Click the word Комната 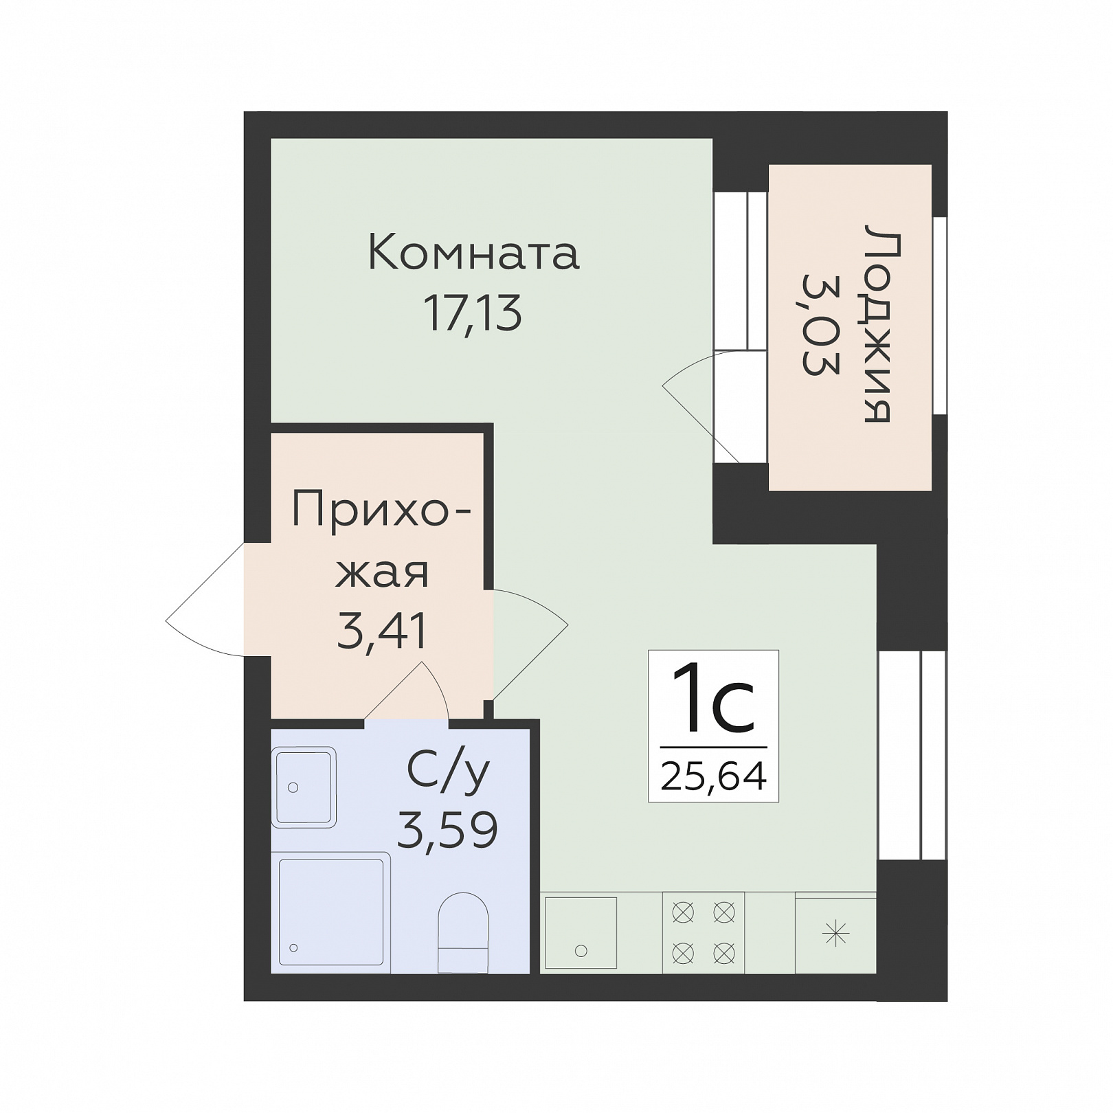(474, 252)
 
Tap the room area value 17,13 (473, 313)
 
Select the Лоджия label (880, 323)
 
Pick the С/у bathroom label (448, 772)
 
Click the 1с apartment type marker (713, 699)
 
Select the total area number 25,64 (713, 776)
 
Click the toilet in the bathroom (463, 932)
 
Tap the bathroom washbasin (304, 787)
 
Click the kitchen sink (581, 933)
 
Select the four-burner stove (704, 932)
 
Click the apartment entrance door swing (205, 599)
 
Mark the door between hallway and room (530, 644)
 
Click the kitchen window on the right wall (912, 755)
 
